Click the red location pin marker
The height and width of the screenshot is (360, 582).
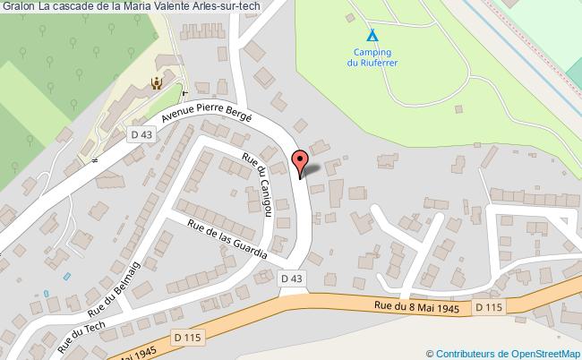click(x=300, y=163)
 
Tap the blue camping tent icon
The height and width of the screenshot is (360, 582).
click(x=372, y=37)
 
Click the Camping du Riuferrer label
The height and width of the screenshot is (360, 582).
click(x=372, y=57)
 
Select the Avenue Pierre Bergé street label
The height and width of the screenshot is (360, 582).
click(x=207, y=131)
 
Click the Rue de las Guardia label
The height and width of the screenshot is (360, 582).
click(x=227, y=239)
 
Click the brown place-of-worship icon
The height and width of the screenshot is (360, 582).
click(x=157, y=82)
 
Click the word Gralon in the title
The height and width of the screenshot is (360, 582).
click(x=19, y=7)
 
